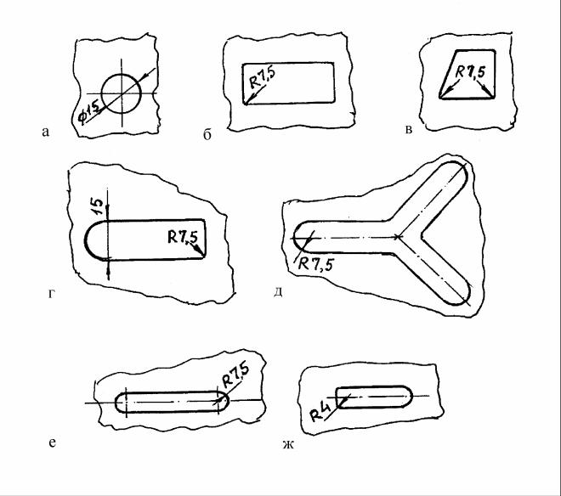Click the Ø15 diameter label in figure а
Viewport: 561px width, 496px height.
click(89, 111)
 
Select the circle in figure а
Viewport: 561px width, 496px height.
click(122, 74)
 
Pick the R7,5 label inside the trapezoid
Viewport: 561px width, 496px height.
click(470, 71)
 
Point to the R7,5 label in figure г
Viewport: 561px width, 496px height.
click(182, 237)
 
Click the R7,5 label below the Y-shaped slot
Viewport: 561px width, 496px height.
click(316, 265)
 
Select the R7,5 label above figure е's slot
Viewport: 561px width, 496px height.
click(235, 375)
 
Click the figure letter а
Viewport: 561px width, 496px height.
click(45, 132)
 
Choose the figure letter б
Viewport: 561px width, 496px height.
click(207, 135)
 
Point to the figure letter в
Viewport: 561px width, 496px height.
click(409, 129)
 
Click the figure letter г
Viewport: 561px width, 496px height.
click(52, 294)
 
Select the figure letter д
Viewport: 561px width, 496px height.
click(278, 292)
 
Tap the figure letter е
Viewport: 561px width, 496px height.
click(52, 442)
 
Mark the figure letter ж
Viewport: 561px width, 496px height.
click(288, 445)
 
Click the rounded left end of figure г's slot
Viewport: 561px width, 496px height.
click(86, 240)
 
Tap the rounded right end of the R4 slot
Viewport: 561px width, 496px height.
click(411, 397)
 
